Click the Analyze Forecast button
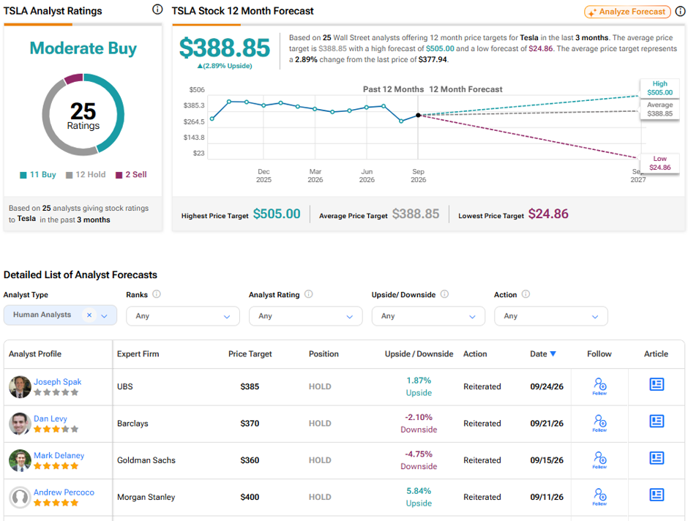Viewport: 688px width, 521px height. click(x=627, y=12)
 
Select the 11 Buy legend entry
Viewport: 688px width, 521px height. click(x=38, y=175)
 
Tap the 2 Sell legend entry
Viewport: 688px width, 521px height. click(x=131, y=175)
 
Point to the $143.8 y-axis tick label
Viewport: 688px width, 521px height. click(x=194, y=138)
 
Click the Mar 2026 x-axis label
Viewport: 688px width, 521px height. click(x=315, y=176)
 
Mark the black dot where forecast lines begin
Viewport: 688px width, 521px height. click(x=418, y=116)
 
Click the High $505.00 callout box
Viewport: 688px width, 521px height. click(x=659, y=88)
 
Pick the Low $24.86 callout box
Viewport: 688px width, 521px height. click(x=659, y=163)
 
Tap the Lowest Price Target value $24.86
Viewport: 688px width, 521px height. click(x=548, y=214)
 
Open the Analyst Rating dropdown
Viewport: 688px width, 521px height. click(x=305, y=316)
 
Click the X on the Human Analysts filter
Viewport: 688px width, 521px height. click(x=89, y=315)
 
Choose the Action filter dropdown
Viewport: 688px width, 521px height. click(x=550, y=316)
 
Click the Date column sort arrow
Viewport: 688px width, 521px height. click(x=553, y=354)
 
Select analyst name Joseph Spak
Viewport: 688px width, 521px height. click(x=58, y=381)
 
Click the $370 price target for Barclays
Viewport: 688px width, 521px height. click(x=250, y=423)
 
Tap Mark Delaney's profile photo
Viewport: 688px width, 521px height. click(x=20, y=460)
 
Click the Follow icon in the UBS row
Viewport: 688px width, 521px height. click(x=600, y=386)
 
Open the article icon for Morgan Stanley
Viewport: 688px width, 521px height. click(x=657, y=495)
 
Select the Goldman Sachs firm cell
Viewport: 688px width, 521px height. click(x=146, y=460)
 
